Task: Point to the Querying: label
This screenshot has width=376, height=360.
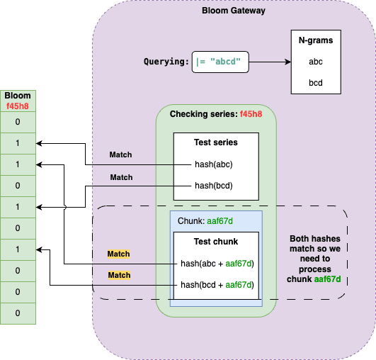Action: pyautogui.click(x=166, y=62)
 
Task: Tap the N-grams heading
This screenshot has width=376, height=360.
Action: pyautogui.click(x=315, y=40)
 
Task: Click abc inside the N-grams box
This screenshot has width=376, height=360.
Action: pyautogui.click(x=315, y=62)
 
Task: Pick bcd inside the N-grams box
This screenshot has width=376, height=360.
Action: pyautogui.click(x=315, y=83)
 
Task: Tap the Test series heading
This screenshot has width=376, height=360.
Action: pyautogui.click(x=216, y=142)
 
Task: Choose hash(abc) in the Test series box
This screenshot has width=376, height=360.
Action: pyautogui.click(x=215, y=164)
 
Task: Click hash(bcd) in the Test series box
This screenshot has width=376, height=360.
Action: pyautogui.click(x=215, y=186)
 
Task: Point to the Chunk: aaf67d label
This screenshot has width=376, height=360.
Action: pyautogui.click(x=201, y=221)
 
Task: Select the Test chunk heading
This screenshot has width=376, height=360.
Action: pyautogui.click(x=216, y=242)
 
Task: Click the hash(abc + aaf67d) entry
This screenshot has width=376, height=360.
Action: pyautogui.click(x=217, y=264)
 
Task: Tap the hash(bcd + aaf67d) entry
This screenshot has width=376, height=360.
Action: pyautogui.click(x=217, y=285)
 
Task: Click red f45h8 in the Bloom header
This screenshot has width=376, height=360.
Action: pyautogui.click(x=18, y=106)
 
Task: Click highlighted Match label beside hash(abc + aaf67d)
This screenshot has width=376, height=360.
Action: pyautogui.click(x=119, y=254)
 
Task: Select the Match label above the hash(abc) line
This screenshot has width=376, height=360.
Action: pyautogui.click(x=120, y=154)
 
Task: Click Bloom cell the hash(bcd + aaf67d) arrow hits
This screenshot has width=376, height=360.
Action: pyautogui.click(x=18, y=249)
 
